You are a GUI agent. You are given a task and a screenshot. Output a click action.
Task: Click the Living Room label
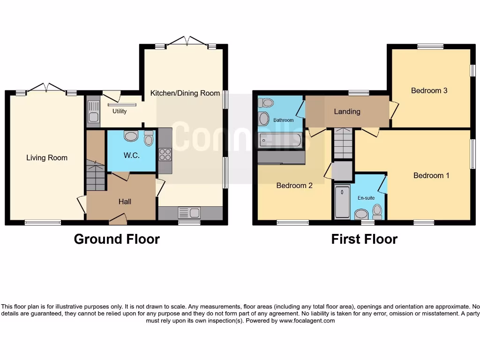click(x=46, y=158)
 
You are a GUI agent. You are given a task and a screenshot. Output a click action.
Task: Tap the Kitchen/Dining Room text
click(x=185, y=93)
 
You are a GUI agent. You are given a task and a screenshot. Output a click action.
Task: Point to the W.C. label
click(x=132, y=156)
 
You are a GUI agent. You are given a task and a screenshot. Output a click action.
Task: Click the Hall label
click(x=125, y=202)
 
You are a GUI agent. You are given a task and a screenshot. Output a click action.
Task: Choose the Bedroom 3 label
click(x=429, y=90)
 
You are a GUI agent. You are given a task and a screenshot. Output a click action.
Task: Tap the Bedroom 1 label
click(x=431, y=175)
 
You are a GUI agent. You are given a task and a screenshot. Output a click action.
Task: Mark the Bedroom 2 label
click(x=294, y=186)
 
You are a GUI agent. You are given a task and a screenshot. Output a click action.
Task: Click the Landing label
click(x=347, y=112)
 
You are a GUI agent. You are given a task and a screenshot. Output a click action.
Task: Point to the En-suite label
click(x=366, y=198)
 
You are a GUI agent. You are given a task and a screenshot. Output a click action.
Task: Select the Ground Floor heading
click(x=117, y=239)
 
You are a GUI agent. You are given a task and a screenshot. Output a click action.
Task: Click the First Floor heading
click(x=364, y=239)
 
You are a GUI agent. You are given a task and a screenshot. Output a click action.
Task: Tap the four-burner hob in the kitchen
click(x=165, y=155)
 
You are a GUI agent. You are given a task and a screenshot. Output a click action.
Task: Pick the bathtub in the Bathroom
click(x=280, y=140)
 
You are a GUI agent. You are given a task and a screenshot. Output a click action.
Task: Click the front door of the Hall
click(x=118, y=217)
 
